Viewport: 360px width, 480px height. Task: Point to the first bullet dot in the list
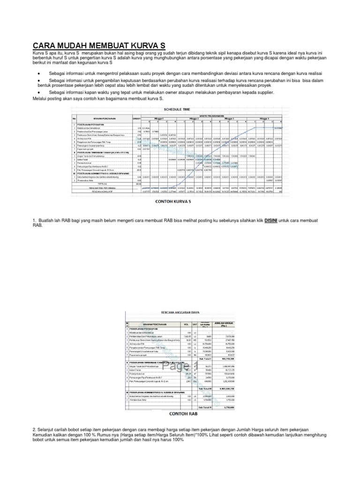click(x=38, y=74)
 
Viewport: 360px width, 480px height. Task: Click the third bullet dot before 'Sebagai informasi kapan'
click(x=38, y=93)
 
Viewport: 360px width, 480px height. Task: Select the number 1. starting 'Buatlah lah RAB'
click(x=35, y=220)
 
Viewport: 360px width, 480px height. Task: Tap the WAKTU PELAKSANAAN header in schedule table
click(x=212, y=115)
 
